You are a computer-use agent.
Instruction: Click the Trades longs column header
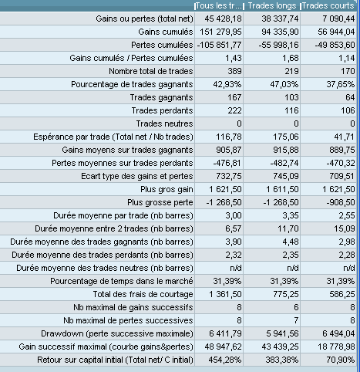click(272, 5)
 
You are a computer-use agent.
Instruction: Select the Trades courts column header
click(328, 5)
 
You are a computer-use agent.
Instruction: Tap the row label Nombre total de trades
click(151, 71)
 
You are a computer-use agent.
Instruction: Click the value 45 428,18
click(223, 19)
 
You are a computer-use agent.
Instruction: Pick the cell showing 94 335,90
click(280, 32)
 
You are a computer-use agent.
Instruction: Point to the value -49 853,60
click(335, 45)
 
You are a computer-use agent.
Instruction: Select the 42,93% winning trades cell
click(227, 84)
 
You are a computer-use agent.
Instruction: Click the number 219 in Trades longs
click(291, 71)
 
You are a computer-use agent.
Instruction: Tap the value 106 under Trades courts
click(348, 110)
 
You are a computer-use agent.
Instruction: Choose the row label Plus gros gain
click(167, 189)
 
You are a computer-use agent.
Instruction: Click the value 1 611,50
click(282, 189)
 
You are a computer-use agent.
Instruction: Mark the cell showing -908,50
click(341, 202)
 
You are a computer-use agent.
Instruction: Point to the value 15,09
click(345, 228)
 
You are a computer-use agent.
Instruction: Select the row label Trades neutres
click(164, 123)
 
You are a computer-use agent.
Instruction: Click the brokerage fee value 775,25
click(286, 294)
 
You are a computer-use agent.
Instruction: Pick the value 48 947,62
click(223, 347)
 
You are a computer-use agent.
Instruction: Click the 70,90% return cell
click(341, 360)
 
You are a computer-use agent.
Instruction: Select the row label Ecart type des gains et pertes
click(137, 176)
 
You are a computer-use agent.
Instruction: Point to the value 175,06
click(286, 137)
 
